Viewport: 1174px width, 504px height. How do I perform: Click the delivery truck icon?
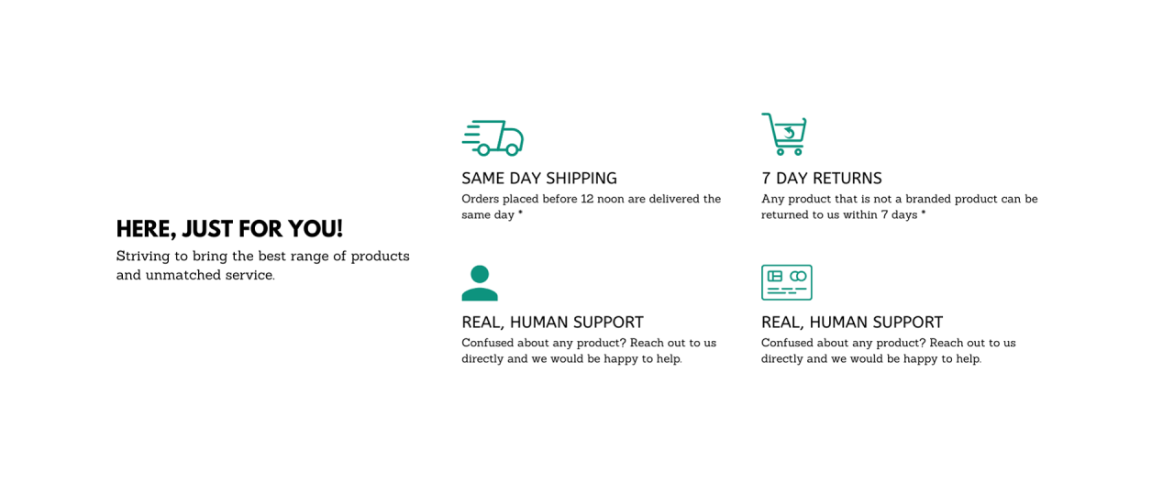pos(493,138)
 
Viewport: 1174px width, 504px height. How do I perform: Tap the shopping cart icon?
pos(784,134)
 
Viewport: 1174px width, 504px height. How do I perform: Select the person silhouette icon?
pos(480,283)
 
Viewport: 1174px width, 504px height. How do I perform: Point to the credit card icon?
pos(787,282)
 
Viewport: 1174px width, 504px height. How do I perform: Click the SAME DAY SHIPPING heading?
pos(539,179)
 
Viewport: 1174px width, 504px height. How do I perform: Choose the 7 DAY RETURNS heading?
pos(822,179)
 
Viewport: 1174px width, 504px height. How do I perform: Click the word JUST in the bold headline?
pos(207,229)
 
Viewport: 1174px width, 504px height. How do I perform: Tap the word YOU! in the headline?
pos(316,229)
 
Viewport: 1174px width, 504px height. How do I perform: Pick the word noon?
pos(611,200)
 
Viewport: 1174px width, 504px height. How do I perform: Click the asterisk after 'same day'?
pos(520,213)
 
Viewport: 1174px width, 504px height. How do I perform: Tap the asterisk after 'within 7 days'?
pos(924,213)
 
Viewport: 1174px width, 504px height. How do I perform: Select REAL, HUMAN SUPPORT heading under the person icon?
pos(552,323)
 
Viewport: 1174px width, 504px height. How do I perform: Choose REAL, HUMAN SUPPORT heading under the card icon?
pos(852,323)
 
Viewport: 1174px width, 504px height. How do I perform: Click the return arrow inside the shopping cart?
pos(790,133)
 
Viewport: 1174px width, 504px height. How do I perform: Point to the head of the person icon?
pos(480,274)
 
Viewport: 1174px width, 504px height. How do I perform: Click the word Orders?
pos(480,199)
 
